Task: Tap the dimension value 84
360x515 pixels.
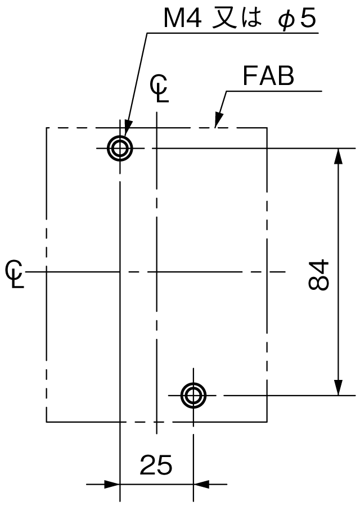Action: click(318, 275)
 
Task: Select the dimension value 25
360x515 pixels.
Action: click(156, 465)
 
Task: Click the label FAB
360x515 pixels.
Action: click(268, 76)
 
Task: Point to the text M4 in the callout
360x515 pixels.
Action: click(183, 19)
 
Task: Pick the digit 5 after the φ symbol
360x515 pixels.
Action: click(308, 19)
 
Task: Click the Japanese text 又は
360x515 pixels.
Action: click(237, 19)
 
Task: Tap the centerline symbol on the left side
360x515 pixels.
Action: click(15, 274)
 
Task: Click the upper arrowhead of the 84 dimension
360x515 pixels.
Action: click(338, 156)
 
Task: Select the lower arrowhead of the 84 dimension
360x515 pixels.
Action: click(338, 388)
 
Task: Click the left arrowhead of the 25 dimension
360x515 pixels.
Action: click(112, 484)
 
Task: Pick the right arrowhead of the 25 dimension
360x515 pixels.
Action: click(201, 484)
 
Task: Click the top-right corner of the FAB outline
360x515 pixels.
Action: click(267, 127)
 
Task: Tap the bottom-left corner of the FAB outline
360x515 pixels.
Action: click(46, 422)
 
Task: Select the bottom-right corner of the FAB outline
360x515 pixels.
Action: click(267, 422)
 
